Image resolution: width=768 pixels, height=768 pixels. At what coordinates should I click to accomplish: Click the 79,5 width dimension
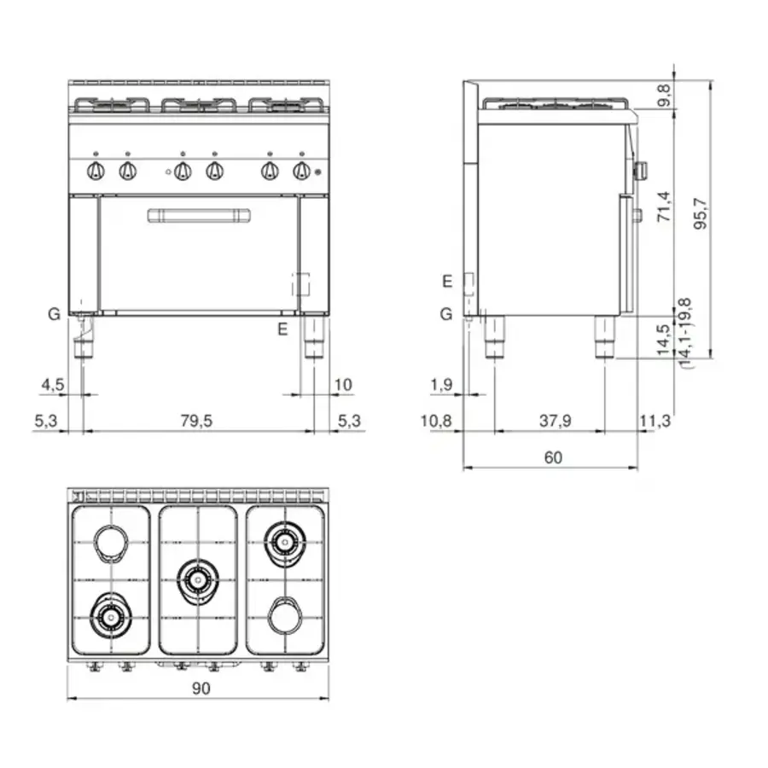pos(198,420)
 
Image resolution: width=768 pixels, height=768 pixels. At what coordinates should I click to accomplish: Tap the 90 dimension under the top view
pos(198,688)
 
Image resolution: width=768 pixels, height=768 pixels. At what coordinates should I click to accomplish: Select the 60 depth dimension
pos(553,457)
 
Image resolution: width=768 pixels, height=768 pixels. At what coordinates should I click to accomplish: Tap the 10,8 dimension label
pos(442,420)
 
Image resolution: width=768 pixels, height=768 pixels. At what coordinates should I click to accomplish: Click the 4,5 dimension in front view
pos(52,384)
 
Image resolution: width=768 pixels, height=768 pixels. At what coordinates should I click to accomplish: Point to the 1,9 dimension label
pos(442,384)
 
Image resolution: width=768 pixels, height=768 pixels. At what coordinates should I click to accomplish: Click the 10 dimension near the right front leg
pos(343,384)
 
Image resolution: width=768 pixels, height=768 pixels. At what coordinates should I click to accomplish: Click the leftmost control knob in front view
pos(96,172)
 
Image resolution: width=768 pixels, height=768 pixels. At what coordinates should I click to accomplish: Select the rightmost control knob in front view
pos(300,172)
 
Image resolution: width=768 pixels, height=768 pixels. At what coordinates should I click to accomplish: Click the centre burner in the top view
pos(198,579)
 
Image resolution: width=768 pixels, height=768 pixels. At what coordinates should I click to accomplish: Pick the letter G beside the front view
pos(54,314)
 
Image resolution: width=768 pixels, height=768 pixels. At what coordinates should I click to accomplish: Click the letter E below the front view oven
pos(283,327)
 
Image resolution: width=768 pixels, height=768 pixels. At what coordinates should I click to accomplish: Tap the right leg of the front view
pos(313,337)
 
